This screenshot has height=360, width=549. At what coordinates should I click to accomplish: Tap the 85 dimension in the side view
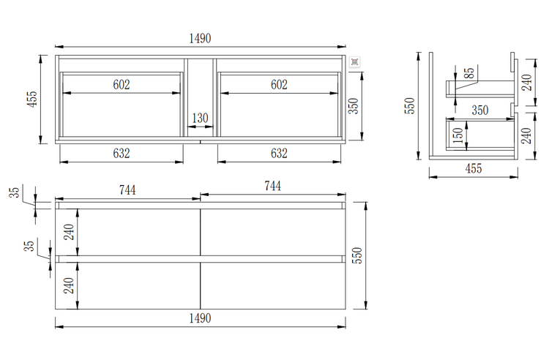click(468, 75)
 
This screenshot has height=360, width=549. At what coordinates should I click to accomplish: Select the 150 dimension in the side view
click(457, 135)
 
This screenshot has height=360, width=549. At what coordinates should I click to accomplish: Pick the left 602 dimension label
click(122, 84)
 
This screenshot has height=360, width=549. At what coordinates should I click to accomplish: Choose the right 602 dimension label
click(279, 84)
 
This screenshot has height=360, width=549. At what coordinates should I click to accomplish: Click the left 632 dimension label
click(122, 153)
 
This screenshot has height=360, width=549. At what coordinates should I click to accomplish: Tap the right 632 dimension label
click(279, 153)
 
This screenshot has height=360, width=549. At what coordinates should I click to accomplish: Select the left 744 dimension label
click(127, 189)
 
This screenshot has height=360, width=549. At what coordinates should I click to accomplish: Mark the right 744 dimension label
click(272, 186)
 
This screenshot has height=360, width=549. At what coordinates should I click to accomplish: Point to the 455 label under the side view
click(473, 168)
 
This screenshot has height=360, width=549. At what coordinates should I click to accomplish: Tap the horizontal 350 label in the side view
click(479, 110)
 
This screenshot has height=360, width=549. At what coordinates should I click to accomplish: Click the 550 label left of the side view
click(411, 105)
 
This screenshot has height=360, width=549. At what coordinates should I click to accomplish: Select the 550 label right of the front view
click(358, 254)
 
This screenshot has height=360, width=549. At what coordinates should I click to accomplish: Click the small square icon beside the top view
click(354, 63)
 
